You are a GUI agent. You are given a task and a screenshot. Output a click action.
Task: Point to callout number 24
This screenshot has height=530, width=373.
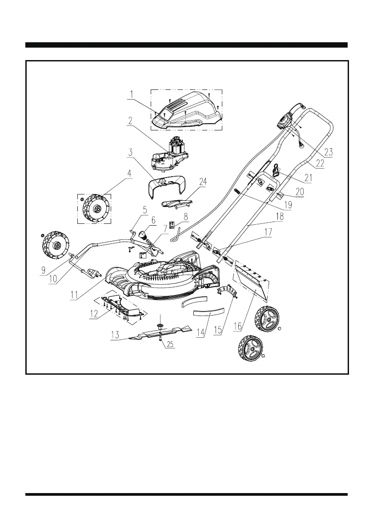203,182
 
